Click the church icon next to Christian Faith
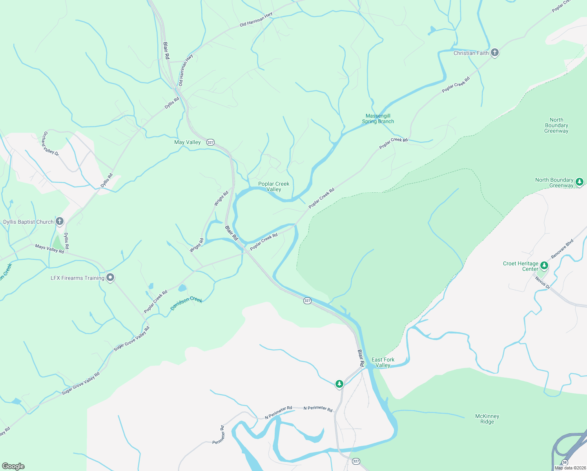[x=495, y=53]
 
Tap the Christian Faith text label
[x=471, y=53]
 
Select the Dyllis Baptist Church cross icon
[x=60, y=222]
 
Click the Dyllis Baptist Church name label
[x=28, y=222]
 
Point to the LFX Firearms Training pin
[x=111, y=278]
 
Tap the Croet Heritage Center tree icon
[x=544, y=266]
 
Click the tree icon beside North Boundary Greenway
[x=579, y=182]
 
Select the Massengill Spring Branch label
[x=378, y=119]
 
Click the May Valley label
[x=188, y=142]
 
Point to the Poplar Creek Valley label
[x=274, y=186]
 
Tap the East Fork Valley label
[x=383, y=362]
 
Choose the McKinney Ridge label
[x=487, y=419]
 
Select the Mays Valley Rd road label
[x=49, y=248]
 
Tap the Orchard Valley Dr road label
[x=51, y=143]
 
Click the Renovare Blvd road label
[x=562, y=248]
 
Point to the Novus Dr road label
[x=543, y=283]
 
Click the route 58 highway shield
[x=565, y=462]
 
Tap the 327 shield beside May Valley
[x=211, y=142]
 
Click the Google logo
[x=13, y=466]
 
